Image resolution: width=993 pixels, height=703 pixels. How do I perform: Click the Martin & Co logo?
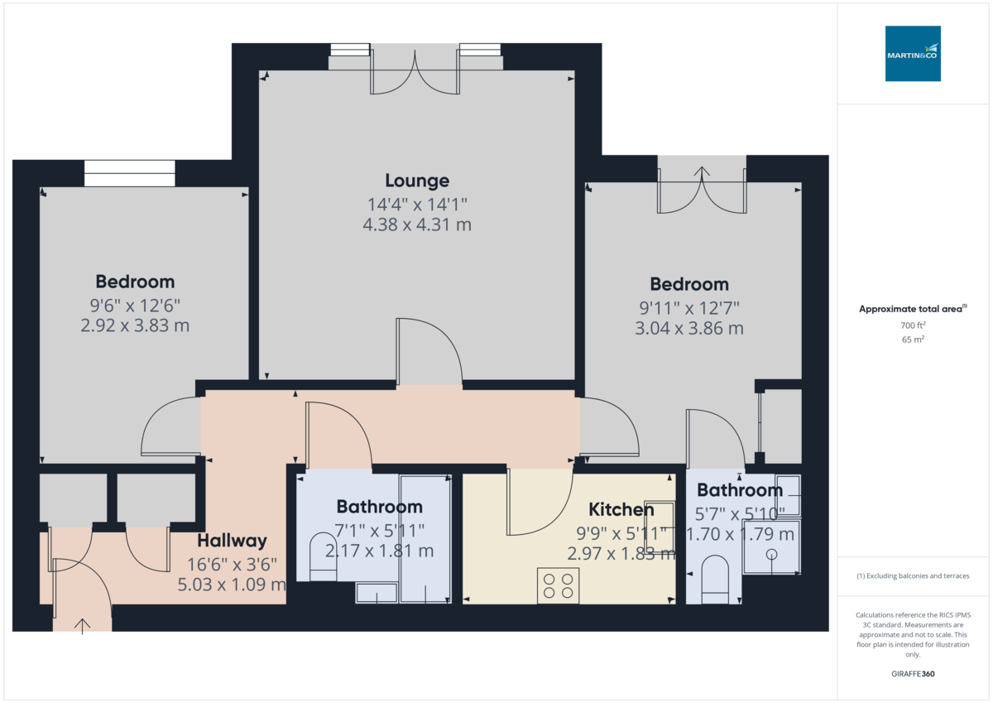(913, 53)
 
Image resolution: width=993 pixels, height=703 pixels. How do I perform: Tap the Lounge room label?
(417, 181)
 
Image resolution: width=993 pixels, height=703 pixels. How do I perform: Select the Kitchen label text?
(621, 510)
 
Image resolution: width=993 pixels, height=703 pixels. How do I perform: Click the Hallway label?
(232, 541)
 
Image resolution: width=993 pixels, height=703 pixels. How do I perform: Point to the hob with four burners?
(558, 585)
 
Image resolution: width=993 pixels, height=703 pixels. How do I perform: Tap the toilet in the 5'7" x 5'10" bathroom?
(713, 575)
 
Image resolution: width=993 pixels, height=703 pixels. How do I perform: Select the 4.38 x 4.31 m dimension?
(417, 224)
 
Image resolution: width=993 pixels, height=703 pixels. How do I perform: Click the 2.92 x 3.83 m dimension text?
(135, 325)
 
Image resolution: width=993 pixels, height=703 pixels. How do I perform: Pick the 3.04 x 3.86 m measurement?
(689, 329)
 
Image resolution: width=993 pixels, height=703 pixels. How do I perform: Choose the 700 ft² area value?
(913, 325)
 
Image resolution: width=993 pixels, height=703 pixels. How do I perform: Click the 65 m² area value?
(913, 339)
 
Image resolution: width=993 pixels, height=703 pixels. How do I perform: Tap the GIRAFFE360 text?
(913, 674)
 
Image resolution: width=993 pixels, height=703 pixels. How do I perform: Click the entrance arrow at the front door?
(83, 624)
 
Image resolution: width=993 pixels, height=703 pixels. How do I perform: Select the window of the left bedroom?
(130, 173)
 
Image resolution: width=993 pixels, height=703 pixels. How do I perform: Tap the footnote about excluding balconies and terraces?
(913, 575)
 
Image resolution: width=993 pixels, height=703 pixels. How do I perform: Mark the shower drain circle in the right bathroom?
(772, 554)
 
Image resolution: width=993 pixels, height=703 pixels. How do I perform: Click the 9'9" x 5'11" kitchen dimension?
(621, 532)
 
